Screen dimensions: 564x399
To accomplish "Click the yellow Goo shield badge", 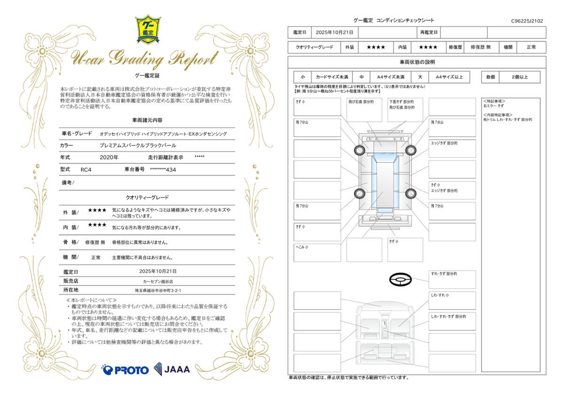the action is (x=148, y=30).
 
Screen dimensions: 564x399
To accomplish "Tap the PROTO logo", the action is (x=125, y=370).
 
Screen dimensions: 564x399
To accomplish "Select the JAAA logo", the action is (x=172, y=369).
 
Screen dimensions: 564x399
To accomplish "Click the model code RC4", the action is (x=86, y=170).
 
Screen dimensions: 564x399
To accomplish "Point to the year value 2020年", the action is (x=109, y=158).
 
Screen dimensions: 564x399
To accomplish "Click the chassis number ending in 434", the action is (x=163, y=170).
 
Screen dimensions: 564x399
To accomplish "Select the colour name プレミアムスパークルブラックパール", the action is (x=138, y=145).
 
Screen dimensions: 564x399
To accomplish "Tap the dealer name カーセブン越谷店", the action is (x=158, y=281).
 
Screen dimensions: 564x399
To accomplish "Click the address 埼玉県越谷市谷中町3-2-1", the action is (x=158, y=291).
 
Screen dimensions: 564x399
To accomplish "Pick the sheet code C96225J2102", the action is (x=527, y=21).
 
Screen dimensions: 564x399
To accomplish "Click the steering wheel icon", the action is (x=400, y=280).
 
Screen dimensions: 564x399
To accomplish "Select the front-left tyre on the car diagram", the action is (x=359, y=150).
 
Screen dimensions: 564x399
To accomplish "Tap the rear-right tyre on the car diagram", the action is (x=411, y=193).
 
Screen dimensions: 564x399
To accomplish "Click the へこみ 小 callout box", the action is (x=317, y=253).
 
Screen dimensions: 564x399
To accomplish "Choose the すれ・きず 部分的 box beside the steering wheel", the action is (x=452, y=279).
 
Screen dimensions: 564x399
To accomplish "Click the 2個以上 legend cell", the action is (x=520, y=77).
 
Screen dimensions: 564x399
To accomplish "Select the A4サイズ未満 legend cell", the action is (x=391, y=77).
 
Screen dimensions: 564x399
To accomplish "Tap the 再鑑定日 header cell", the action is (x=429, y=32).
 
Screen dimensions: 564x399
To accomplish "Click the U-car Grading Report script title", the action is (x=144, y=59).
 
